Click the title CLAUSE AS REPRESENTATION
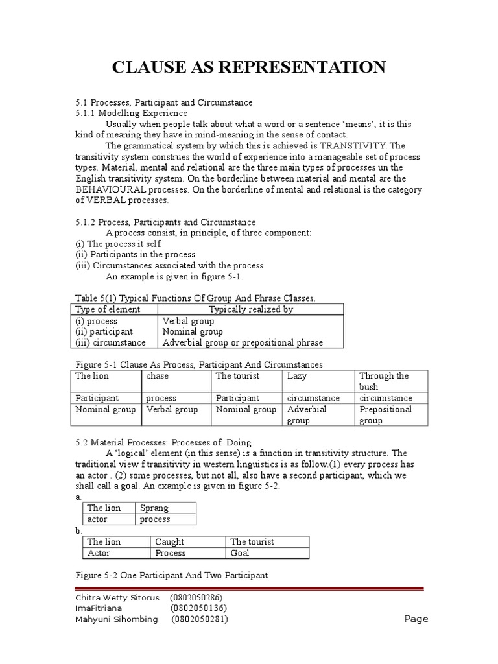249,67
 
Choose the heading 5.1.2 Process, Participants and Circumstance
165,222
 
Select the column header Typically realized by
250,309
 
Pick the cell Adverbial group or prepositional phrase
243,342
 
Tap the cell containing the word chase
157,376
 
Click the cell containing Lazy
297,376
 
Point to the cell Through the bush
383,381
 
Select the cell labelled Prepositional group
385,415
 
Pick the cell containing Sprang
154,508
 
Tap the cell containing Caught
170,542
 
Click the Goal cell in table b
240,553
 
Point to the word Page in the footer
416,619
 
